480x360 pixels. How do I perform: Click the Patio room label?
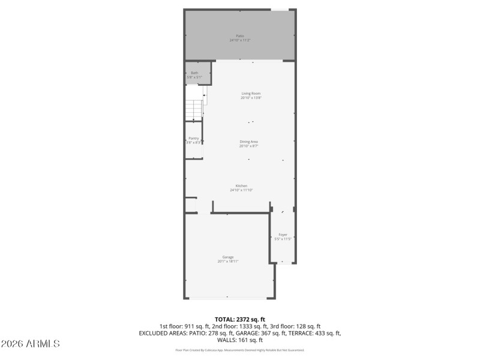pos(239,35)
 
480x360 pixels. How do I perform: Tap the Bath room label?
pos(194,73)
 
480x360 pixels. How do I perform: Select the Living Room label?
pos(251,93)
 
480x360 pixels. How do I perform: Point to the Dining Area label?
pos(249,142)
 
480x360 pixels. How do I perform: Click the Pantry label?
pos(193,138)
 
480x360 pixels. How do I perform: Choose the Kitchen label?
pos(241,185)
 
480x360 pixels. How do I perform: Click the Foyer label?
pos(283,234)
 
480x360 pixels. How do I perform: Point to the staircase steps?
pos(193,109)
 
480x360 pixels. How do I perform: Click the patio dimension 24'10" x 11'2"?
pos(239,40)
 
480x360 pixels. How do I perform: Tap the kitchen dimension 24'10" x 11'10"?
pos(241,190)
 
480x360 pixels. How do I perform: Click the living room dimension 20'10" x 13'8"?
pos(251,98)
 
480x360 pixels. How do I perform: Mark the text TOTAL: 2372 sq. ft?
pos(240,319)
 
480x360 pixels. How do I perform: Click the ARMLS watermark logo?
pos(30,344)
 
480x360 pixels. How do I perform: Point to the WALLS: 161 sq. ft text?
pos(240,340)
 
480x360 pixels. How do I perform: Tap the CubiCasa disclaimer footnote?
pos(239,350)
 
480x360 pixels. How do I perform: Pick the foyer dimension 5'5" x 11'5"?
pos(283,239)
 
